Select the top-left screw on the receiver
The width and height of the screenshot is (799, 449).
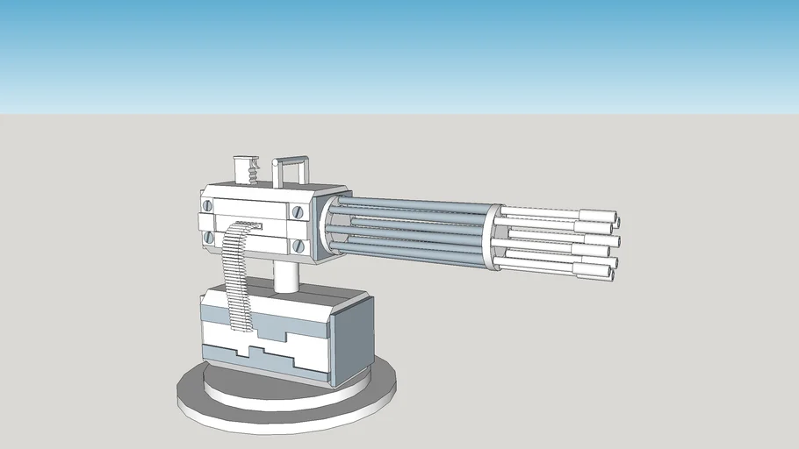coord(208,206)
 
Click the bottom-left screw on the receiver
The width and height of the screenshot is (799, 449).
coord(209,237)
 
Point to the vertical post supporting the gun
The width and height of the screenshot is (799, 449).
coord(286,275)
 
